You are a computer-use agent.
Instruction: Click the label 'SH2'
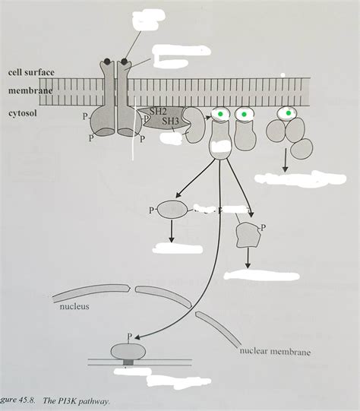159,111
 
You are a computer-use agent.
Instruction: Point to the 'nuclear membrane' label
274,352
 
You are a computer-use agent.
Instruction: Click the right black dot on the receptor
124,61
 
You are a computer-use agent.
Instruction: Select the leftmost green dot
220,114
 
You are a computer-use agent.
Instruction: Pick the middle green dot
245,114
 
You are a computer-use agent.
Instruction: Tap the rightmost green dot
288,114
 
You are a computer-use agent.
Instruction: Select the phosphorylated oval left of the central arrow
172,210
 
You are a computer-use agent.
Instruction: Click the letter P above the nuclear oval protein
130,334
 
